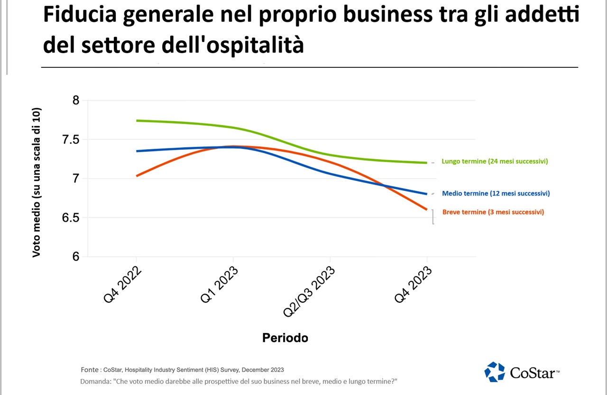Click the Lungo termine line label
tap(495, 162)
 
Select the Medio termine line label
tap(496, 193)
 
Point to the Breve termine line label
tap(493, 212)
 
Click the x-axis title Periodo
tap(285, 338)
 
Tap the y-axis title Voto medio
tap(37, 182)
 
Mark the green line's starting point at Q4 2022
tap(137, 121)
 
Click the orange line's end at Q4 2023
tap(427, 209)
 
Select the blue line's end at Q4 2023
tap(427, 194)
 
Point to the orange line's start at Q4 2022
tap(137, 176)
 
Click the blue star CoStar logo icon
tap(494, 372)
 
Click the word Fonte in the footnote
tap(90, 369)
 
